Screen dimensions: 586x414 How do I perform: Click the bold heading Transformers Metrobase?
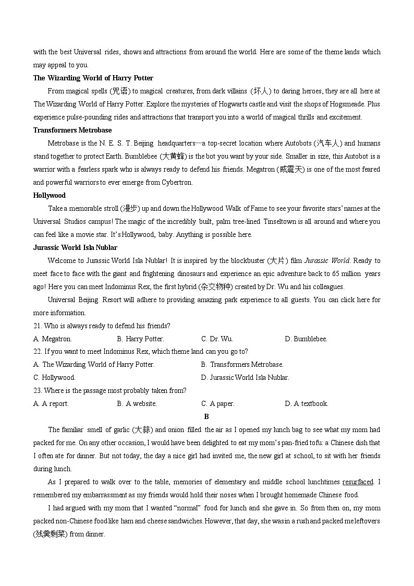point(72,130)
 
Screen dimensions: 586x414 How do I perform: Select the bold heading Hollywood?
point(50,195)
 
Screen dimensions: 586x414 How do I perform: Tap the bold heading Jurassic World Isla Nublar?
point(75,247)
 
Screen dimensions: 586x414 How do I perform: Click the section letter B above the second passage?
point(206,416)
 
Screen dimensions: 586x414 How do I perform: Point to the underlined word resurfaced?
point(358,482)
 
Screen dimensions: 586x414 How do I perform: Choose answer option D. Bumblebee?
point(306,339)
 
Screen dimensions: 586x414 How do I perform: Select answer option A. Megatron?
point(53,339)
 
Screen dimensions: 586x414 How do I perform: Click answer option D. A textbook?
point(307,403)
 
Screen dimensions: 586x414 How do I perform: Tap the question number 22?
point(37,351)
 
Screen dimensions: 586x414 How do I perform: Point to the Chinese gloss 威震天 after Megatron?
point(294,169)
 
